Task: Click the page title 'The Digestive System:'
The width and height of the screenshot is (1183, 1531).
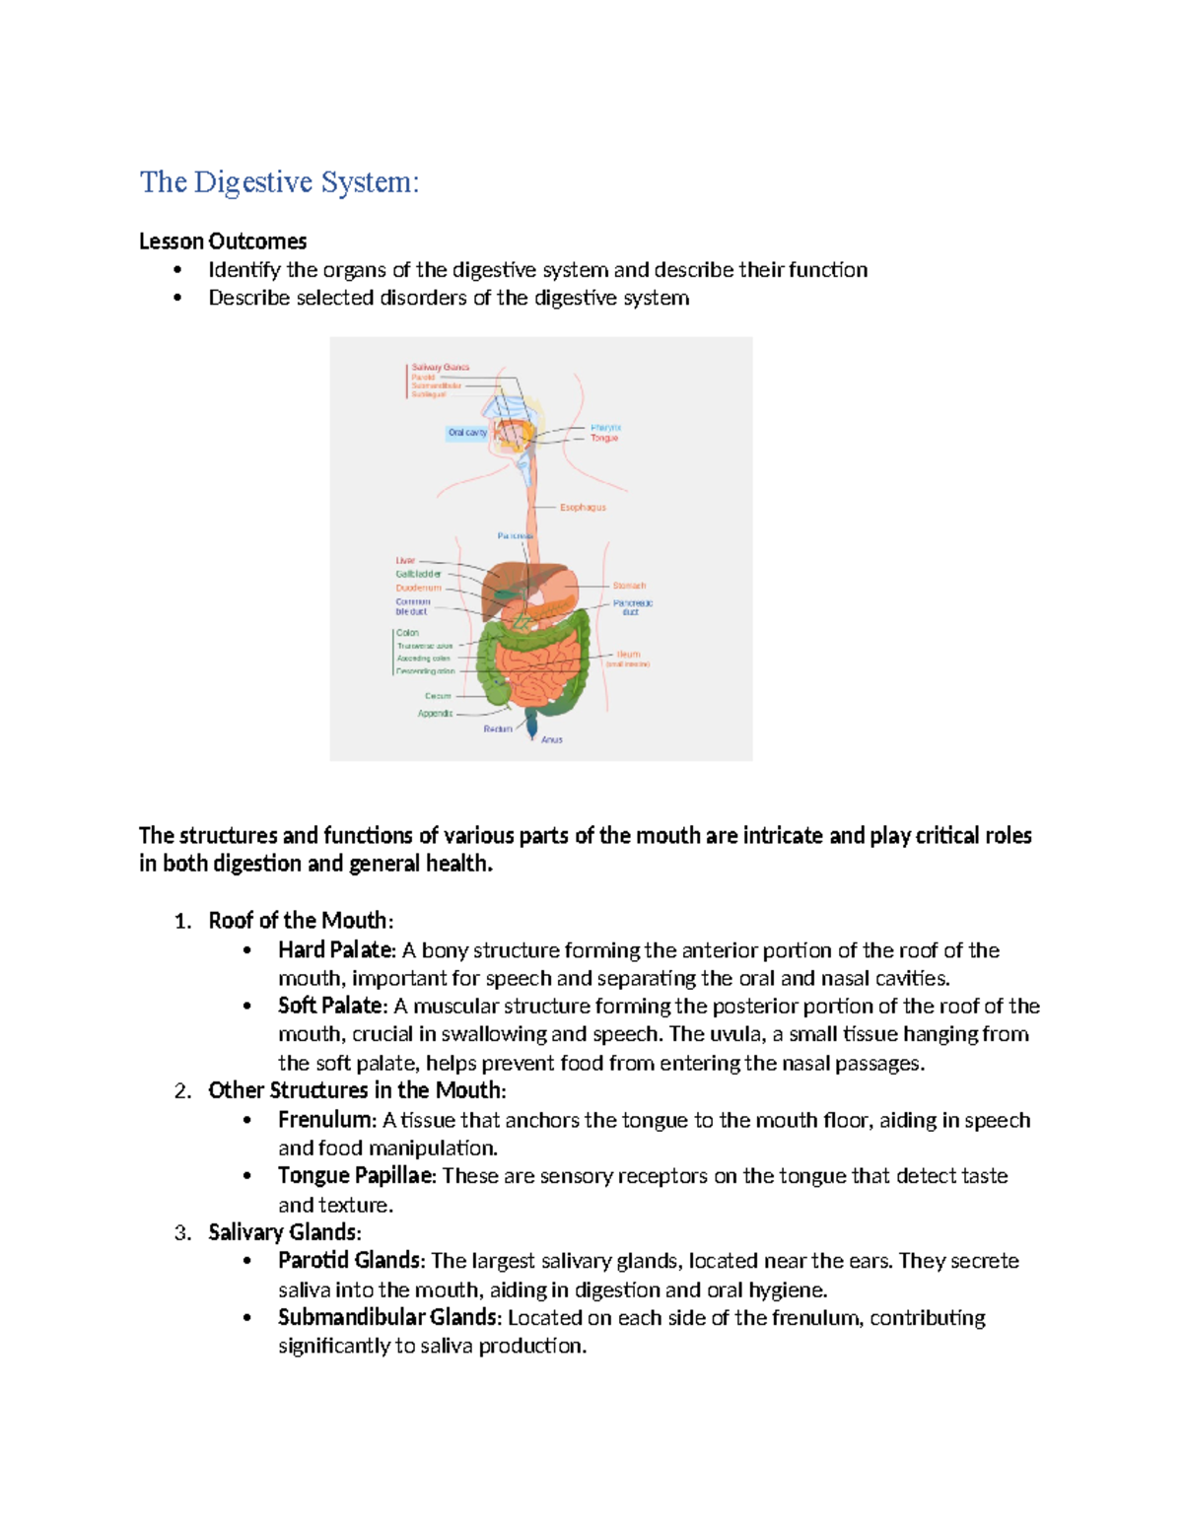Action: [279, 182]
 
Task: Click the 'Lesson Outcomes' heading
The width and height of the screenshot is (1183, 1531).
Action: [223, 242]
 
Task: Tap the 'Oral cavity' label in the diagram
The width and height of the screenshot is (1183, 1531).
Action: [467, 433]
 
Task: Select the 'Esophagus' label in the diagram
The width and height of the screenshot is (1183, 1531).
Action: [583, 508]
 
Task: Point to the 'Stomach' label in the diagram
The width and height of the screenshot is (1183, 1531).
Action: [629, 586]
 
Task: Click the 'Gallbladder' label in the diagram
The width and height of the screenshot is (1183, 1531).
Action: [418, 574]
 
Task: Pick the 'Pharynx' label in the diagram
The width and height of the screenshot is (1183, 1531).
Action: [605, 427]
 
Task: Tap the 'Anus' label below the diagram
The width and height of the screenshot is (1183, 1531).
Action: [551, 739]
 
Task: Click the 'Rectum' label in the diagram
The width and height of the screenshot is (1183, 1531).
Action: [498, 729]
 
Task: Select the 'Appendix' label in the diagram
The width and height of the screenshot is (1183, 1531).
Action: [435, 713]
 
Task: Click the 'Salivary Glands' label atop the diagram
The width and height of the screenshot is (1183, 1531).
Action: [440, 367]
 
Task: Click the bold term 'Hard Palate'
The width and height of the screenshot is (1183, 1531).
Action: [335, 950]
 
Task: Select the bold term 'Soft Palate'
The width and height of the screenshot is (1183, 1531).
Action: [331, 1006]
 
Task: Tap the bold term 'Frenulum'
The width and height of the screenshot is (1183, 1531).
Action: [325, 1120]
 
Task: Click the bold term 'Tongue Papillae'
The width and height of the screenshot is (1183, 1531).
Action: [355, 1175]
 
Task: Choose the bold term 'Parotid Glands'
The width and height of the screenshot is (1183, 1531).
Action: [350, 1261]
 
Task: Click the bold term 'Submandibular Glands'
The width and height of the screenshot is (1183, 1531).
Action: [388, 1318]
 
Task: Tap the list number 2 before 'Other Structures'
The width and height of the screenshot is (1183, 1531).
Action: [182, 1091]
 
